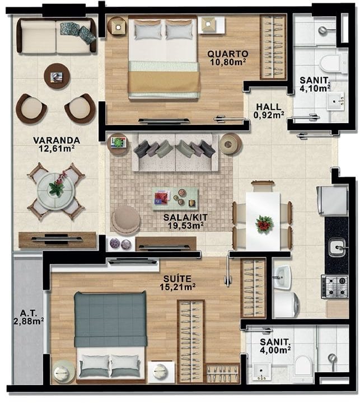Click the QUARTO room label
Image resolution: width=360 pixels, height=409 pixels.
click(x=228, y=54)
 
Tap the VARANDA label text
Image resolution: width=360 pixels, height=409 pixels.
click(x=57, y=140)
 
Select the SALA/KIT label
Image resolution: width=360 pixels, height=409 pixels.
click(x=185, y=217)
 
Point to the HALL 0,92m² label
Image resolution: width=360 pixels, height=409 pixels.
click(x=269, y=111)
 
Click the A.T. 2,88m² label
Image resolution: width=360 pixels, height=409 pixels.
click(x=29, y=317)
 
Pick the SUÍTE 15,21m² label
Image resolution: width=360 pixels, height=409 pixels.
click(x=177, y=283)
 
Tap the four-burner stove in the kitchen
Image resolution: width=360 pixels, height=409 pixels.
click(x=335, y=286)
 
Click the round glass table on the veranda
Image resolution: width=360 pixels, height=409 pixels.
click(x=56, y=192)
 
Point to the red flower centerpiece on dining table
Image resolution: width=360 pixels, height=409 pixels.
click(x=264, y=224)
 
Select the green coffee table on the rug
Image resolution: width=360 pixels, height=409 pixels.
click(x=175, y=199)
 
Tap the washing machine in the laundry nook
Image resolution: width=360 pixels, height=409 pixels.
click(x=286, y=305)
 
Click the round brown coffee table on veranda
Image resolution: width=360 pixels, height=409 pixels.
click(x=57, y=76)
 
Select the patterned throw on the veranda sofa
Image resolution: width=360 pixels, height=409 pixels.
click(x=78, y=32)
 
